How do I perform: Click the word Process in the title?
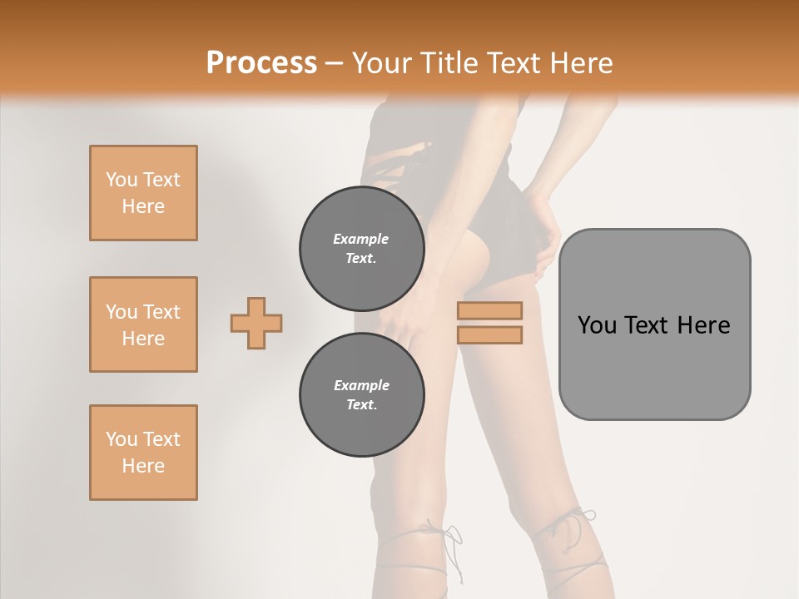tap(261, 63)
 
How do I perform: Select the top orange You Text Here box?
tap(143, 193)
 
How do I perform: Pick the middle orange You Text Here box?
tap(143, 324)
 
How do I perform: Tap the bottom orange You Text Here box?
tap(143, 453)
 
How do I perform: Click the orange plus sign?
tap(256, 323)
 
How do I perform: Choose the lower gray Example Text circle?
tap(361, 394)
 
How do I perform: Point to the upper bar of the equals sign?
tap(489, 310)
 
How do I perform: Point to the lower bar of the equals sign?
tap(489, 334)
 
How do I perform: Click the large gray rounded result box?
tap(654, 324)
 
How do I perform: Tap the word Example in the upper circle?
tap(361, 239)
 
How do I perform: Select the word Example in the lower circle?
tap(361, 385)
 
